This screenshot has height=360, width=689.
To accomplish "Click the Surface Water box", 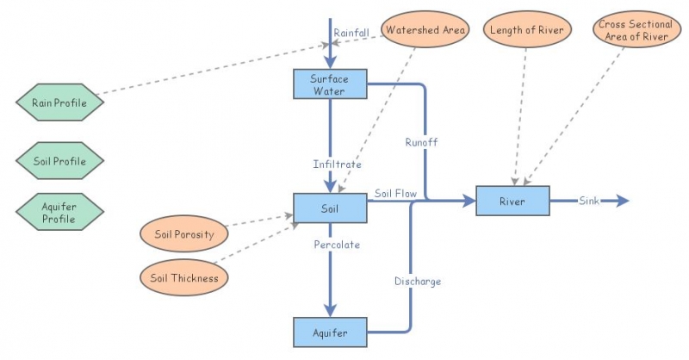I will click(331, 84).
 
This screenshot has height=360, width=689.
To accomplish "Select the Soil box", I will click(331, 208).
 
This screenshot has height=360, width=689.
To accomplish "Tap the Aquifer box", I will click(331, 331).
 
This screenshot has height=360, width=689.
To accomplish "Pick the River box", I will click(512, 201).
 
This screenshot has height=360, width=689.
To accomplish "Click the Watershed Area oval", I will click(425, 31).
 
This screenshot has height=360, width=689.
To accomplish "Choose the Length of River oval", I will click(525, 31).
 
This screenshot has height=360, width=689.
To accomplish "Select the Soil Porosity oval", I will click(183, 233).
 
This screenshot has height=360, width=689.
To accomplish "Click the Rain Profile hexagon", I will click(59, 103).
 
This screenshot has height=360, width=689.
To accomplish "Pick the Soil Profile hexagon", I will click(59, 160).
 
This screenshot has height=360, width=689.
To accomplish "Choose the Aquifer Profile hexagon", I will click(59, 212).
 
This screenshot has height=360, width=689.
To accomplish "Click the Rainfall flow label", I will click(353, 33).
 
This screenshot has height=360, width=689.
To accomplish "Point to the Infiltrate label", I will click(337, 164).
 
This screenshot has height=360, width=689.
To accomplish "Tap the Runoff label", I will click(421, 142).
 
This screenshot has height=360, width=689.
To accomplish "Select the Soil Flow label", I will click(395, 194).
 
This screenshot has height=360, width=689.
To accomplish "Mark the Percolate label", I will click(337, 245).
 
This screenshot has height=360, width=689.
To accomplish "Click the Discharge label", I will click(418, 282).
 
